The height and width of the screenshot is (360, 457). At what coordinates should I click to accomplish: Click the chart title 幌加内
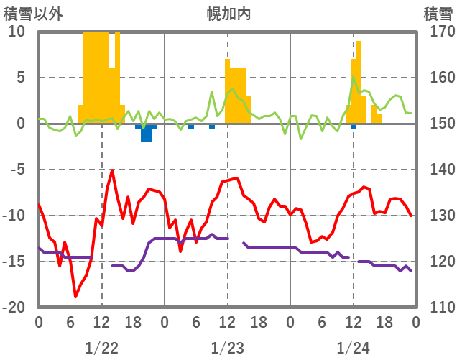[228, 14]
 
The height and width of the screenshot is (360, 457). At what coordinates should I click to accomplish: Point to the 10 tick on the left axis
[17, 32]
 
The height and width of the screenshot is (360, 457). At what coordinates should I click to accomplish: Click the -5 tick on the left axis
[17, 170]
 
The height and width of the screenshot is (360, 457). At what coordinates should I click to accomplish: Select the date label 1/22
[101, 348]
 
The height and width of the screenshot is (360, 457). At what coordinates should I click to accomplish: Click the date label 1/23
[227, 348]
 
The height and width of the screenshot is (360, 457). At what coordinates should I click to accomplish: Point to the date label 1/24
[353, 348]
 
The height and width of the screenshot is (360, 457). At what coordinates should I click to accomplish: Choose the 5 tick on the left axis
[20, 78]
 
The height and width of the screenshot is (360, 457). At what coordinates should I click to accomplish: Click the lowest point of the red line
[75, 296]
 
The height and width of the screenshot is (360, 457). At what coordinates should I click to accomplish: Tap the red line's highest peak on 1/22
[112, 171]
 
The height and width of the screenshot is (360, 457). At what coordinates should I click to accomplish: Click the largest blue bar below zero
[146, 134]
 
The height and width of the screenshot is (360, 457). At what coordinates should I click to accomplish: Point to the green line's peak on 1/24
[353, 76]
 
